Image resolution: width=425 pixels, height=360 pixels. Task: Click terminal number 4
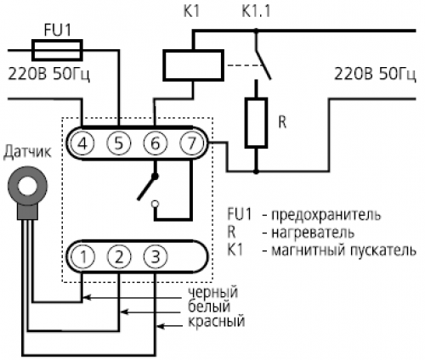(82, 143)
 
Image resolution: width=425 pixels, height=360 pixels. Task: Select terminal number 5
(119, 143)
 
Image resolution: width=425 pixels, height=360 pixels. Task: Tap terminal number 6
(155, 143)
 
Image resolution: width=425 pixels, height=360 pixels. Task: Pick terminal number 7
(191, 143)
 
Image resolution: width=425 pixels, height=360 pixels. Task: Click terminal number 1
(83, 256)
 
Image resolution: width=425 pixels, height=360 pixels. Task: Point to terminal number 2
(119, 256)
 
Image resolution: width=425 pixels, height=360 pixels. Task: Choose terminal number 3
(156, 256)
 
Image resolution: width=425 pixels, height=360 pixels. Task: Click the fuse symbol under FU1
(57, 50)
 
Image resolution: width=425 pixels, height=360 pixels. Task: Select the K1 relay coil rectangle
(193, 65)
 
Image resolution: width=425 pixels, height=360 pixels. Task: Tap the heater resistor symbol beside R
(256, 123)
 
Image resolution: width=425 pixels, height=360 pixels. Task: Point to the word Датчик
(27, 152)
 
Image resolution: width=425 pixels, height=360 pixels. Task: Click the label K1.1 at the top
(256, 12)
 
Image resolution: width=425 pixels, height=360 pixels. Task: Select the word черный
(212, 292)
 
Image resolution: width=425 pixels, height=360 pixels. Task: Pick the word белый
(209, 307)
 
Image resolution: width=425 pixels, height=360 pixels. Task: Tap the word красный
(216, 321)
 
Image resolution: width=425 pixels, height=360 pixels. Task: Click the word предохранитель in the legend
(326, 215)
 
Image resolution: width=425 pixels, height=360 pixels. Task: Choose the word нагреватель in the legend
(313, 233)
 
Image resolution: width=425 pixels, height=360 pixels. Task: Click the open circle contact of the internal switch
(155, 204)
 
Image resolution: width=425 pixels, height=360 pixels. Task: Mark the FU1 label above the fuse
(58, 31)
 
